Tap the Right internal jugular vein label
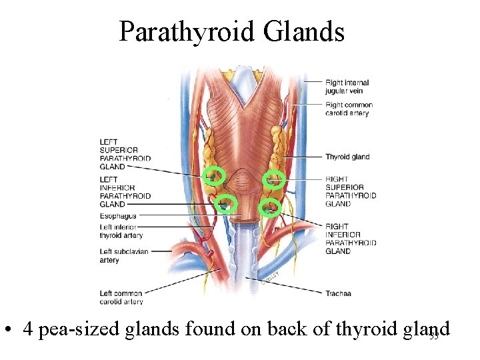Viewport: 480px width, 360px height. coord(347,87)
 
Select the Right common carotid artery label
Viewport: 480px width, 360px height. coord(349,109)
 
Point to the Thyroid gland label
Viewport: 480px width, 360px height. coord(347,157)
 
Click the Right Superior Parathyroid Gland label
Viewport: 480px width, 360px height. coord(351,191)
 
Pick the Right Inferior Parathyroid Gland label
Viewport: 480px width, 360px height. coord(351,239)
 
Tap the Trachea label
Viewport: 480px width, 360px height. coord(338,293)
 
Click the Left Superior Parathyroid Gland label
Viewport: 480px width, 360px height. coord(125,154)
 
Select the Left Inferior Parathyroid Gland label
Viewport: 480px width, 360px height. coord(125,192)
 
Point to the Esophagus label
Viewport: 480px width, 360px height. coord(117,216)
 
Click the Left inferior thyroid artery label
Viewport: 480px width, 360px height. coord(120,231)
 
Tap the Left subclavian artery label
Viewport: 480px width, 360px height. coord(123,255)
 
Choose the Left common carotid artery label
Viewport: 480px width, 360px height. coord(121,297)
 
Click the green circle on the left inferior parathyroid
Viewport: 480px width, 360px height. coord(227,203)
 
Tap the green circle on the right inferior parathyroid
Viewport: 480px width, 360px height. coord(270,208)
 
